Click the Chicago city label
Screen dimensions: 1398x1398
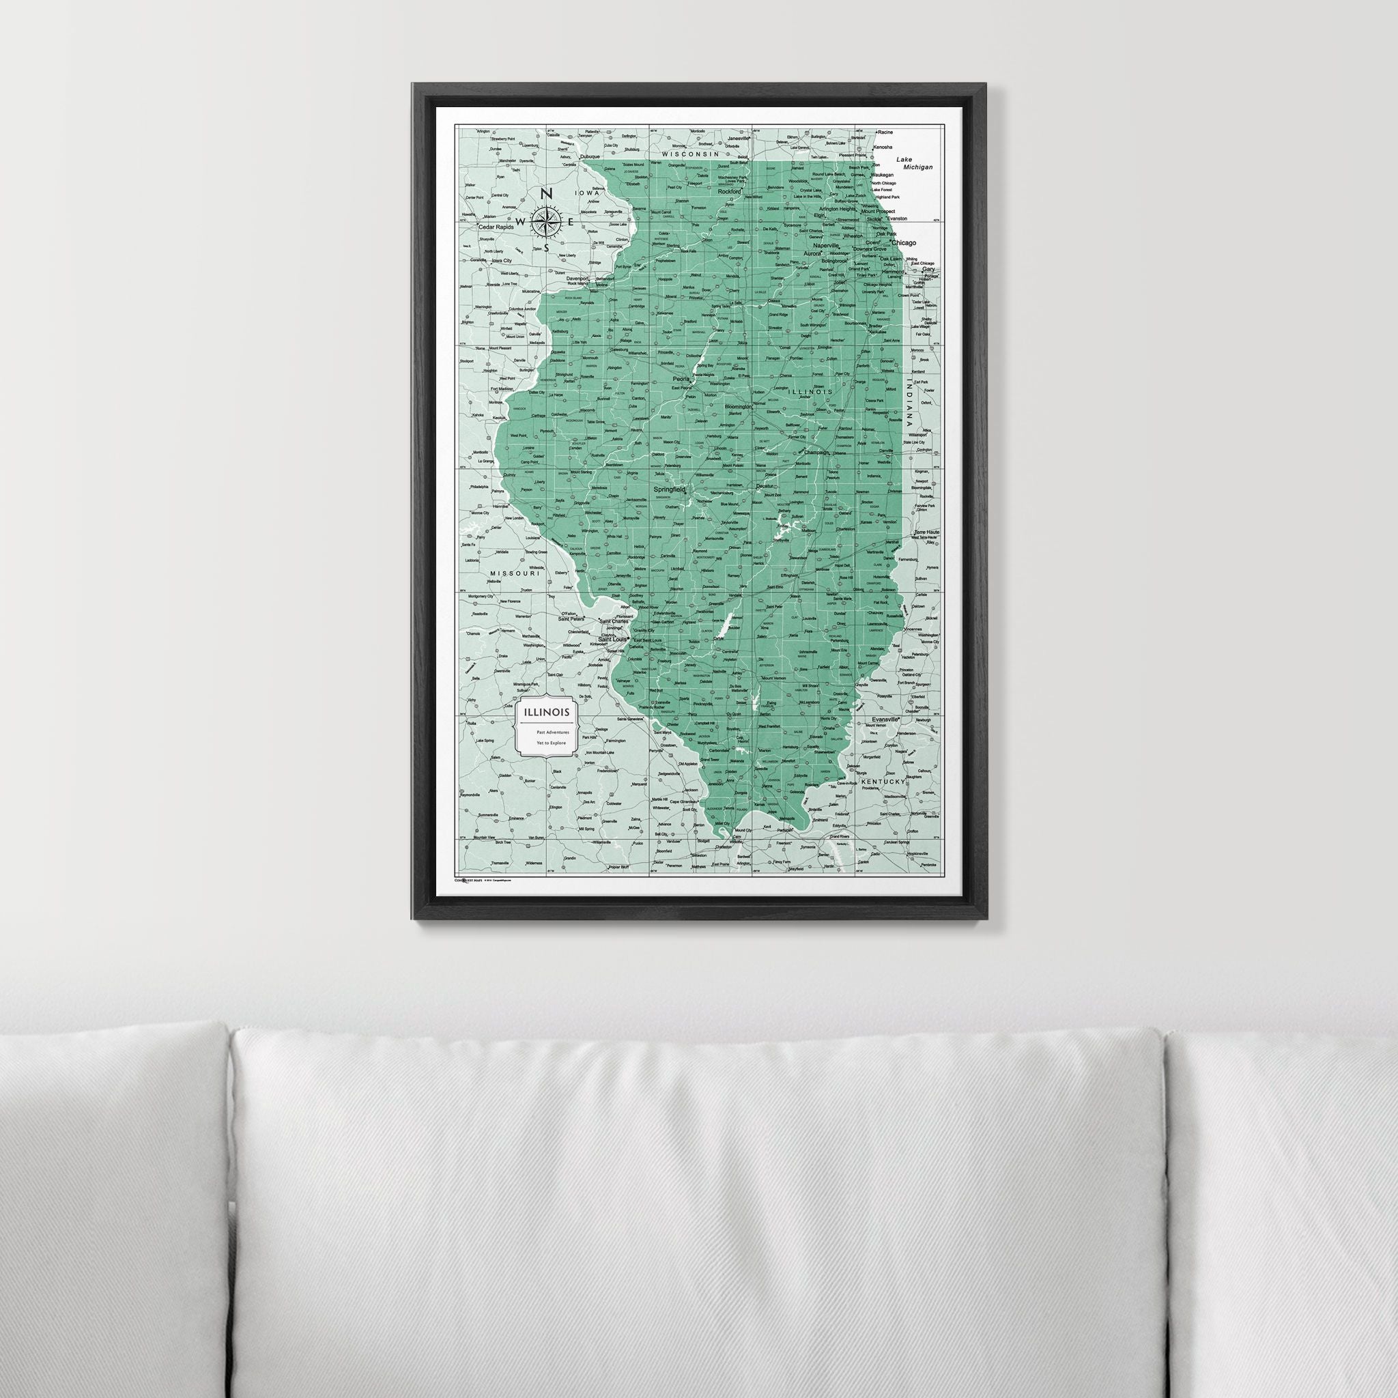pos(904,243)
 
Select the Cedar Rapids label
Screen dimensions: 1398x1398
pos(496,227)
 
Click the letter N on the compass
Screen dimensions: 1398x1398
pos(547,194)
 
